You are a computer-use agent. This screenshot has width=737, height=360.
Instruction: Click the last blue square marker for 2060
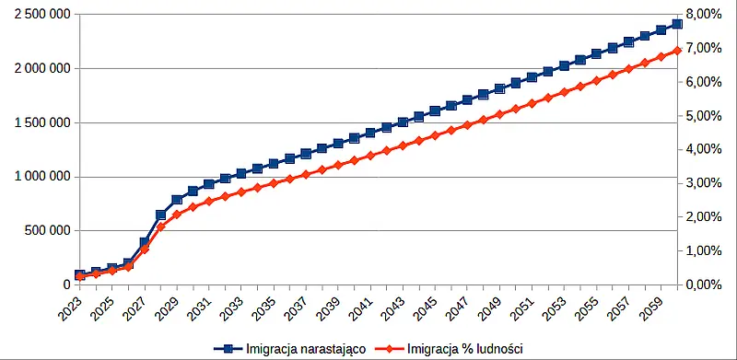point(677,24)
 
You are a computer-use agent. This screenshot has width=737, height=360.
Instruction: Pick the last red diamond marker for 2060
point(677,51)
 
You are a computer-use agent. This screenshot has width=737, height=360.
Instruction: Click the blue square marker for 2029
point(177,200)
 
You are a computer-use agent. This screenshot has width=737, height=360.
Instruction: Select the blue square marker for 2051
point(532,77)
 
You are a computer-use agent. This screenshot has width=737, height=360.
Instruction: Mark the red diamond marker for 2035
point(274,183)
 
